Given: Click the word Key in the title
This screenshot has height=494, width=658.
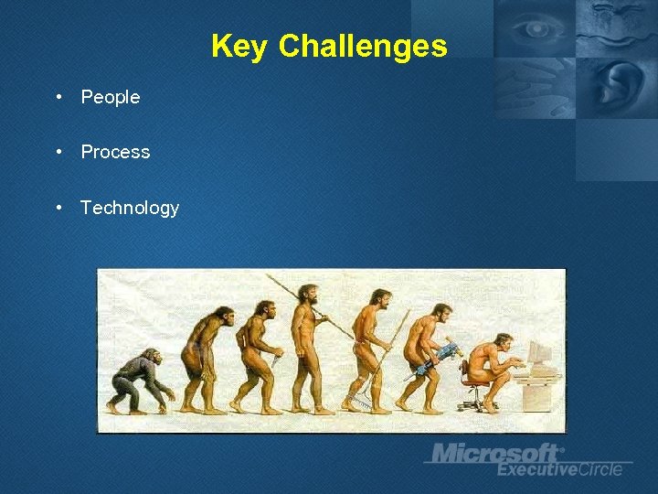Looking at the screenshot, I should pyautogui.click(x=240, y=46).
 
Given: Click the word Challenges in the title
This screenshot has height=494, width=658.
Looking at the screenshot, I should pyautogui.click(x=363, y=46).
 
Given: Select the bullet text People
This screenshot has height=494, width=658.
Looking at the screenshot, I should pyautogui.click(x=111, y=97).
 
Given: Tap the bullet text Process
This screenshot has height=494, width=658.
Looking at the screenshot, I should pyautogui.click(x=115, y=152).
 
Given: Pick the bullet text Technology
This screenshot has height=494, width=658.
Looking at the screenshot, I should pyautogui.click(x=130, y=208).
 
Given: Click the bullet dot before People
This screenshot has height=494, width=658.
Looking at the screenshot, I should pyautogui.click(x=58, y=97).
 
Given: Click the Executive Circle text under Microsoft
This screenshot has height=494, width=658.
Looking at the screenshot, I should pyautogui.click(x=559, y=469).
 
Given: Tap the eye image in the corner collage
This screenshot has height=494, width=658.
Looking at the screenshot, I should pyautogui.click(x=534, y=29).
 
